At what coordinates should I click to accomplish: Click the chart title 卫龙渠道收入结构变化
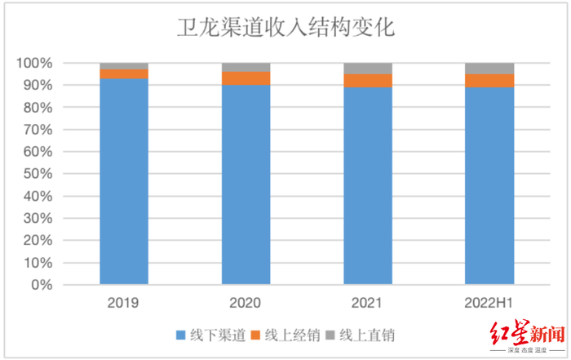285,28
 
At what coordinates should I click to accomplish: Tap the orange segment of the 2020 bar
246,78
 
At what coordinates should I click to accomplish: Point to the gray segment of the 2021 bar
367,69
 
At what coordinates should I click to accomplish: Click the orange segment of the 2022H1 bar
489,81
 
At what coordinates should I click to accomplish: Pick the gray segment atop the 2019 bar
124,66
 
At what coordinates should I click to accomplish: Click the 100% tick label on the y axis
35,63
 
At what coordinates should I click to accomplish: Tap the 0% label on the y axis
42,286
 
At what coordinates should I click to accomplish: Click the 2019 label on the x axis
123,303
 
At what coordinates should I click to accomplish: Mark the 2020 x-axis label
246,303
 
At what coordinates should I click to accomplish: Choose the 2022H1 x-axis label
489,303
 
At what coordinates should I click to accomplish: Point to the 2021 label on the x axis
367,303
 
